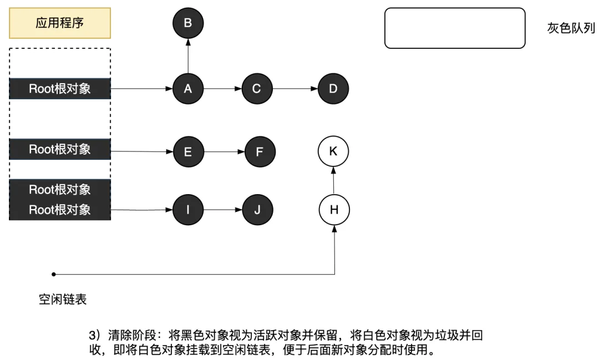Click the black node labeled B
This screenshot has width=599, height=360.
(x=188, y=23)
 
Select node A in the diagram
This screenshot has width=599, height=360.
(x=188, y=88)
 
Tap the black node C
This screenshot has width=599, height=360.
(x=257, y=88)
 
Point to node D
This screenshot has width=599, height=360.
(x=333, y=89)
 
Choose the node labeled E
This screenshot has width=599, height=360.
(x=188, y=151)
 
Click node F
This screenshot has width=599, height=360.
(x=259, y=151)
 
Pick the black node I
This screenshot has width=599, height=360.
(x=188, y=210)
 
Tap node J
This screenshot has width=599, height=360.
(x=257, y=210)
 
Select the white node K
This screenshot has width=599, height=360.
(x=333, y=151)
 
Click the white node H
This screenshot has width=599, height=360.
(x=334, y=210)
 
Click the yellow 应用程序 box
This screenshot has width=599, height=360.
(x=60, y=23)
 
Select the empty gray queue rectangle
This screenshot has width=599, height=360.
(x=455, y=28)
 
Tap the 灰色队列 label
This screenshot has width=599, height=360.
(x=571, y=28)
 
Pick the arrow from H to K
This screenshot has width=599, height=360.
(x=334, y=180)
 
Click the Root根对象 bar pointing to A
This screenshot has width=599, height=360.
(x=60, y=89)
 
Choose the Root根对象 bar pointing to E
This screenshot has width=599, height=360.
(x=60, y=149)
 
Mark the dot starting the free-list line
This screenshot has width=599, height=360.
(x=54, y=274)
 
